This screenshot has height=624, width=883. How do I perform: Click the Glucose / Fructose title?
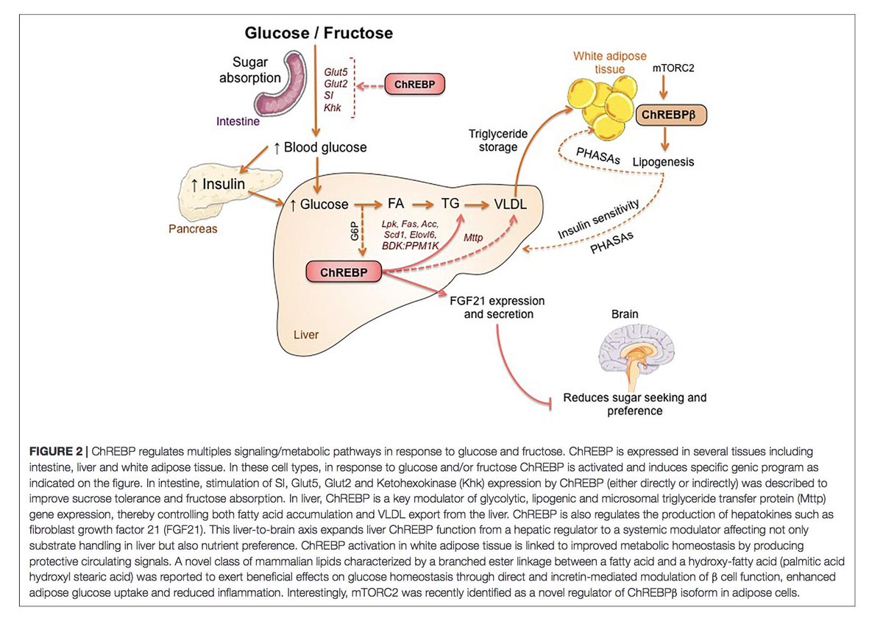(319, 33)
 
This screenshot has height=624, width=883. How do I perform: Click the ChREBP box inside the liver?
(344, 272)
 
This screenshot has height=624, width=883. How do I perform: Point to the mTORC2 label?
(674, 68)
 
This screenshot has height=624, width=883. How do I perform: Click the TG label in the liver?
(450, 205)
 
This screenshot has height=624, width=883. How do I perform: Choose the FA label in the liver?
(396, 205)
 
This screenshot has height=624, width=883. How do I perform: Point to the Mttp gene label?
(473, 237)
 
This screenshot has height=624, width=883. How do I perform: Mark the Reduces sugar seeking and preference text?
(634, 404)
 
